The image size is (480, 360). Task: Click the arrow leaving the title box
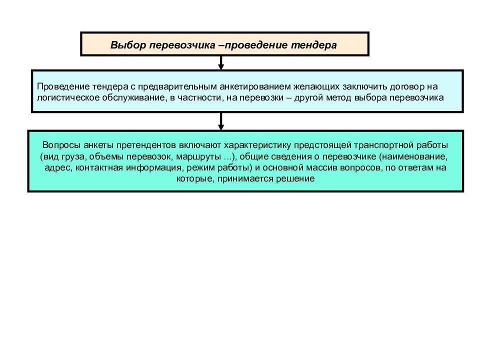tap(221, 63)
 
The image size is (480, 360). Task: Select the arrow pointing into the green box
tap(221, 121)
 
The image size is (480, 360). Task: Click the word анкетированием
tap(255, 86)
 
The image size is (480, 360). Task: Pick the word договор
tap(407, 87)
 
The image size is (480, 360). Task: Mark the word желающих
tap(316, 87)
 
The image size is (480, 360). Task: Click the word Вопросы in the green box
tap(61, 145)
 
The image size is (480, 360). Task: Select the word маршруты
tap(198, 156)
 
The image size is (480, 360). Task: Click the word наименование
tap(415, 156)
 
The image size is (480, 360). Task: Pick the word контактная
tap(99, 168)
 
